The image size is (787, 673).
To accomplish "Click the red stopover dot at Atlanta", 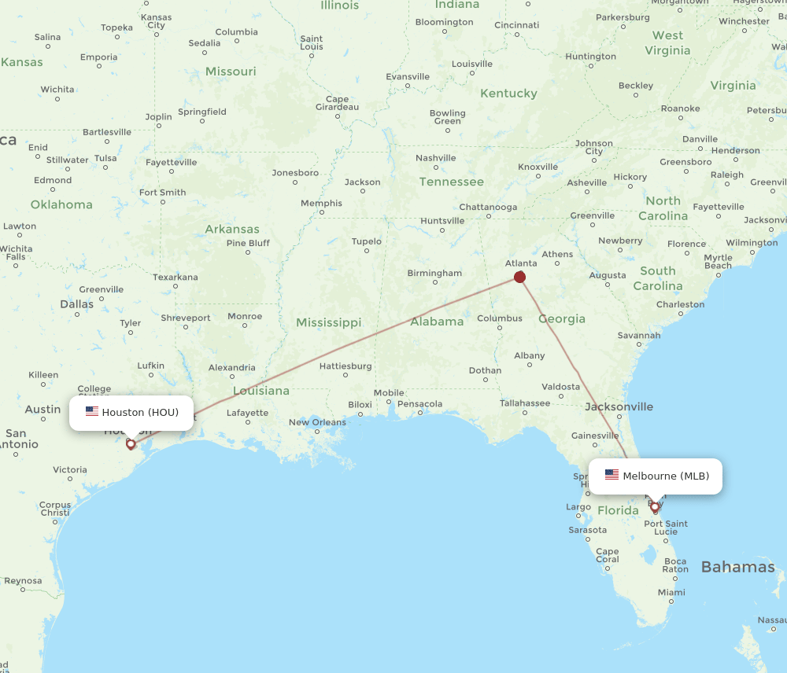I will pyautogui.click(x=519, y=277).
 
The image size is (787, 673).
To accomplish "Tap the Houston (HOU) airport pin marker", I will pyautogui.click(x=131, y=444).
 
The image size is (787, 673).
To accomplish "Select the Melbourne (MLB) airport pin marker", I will pyautogui.click(x=655, y=507).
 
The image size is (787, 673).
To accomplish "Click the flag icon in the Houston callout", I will pyautogui.click(x=92, y=411).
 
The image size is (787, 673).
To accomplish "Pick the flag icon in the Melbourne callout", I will pyautogui.click(x=611, y=475).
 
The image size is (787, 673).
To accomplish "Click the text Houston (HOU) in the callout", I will pyautogui.click(x=140, y=412).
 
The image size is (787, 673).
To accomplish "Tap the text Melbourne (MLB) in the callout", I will pyautogui.click(x=666, y=476).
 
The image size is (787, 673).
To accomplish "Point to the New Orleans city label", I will pyautogui.click(x=317, y=422).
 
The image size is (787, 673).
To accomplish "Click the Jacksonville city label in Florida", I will pyautogui.click(x=619, y=406).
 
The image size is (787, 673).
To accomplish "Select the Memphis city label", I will pyautogui.click(x=321, y=204).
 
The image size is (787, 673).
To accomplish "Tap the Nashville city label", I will pyautogui.click(x=435, y=158).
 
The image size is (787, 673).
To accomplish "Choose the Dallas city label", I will pyautogui.click(x=76, y=303).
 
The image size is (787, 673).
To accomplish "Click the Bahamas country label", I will pyautogui.click(x=737, y=567).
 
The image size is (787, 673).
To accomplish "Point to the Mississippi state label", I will pyautogui.click(x=328, y=322).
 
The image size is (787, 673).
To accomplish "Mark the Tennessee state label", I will pyautogui.click(x=451, y=182).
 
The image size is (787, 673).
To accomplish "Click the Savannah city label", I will pyautogui.click(x=639, y=335).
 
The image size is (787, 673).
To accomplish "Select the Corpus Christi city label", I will pyautogui.click(x=54, y=509).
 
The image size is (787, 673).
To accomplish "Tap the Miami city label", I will pyautogui.click(x=671, y=592).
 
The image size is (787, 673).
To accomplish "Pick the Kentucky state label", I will pyautogui.click(x=508, y=94).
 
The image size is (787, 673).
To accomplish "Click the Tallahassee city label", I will pyautogui.click(x=525, y=403).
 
